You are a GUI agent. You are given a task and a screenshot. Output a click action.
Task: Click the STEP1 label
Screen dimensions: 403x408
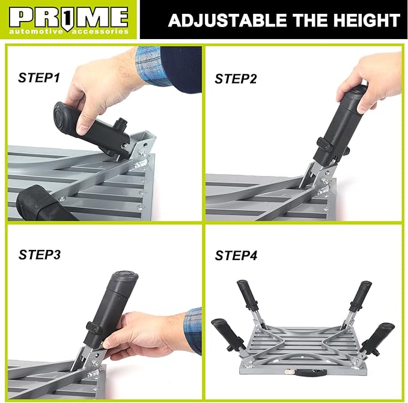(39, 77)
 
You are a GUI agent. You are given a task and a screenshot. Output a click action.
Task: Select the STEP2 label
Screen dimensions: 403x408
(236, 79)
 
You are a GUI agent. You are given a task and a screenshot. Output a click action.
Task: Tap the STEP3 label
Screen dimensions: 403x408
(39, 254)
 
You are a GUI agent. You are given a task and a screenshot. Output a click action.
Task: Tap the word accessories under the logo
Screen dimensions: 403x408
(102, 31)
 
